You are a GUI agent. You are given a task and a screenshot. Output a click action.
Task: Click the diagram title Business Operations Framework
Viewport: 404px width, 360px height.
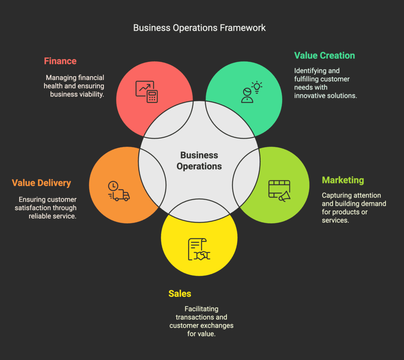(x=199, y=28)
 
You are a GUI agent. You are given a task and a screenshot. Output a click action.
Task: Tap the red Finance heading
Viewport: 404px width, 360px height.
(x=60, y=61)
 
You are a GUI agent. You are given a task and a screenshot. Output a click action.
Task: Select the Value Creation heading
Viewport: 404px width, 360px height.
(x=324, y=56)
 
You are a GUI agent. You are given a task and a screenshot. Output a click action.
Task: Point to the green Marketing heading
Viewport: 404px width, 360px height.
(x=343, y=180)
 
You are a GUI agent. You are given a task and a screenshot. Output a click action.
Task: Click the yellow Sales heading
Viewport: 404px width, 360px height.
(x=180, y=294)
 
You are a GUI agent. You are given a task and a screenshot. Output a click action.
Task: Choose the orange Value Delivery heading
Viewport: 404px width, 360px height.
(x=41, y=183)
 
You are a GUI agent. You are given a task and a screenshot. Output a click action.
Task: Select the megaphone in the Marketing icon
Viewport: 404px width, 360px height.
(x=285, y=196)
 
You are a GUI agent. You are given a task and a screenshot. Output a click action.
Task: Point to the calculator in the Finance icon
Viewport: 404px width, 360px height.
(x=152, y=96)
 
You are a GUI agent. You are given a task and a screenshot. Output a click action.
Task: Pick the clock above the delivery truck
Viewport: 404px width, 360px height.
(x=113, y=186)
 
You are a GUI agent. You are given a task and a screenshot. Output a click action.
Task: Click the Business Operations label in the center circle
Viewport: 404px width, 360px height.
(x=199, y=161)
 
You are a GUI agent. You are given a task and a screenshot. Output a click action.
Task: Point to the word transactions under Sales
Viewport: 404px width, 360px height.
(x=192, y=317)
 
